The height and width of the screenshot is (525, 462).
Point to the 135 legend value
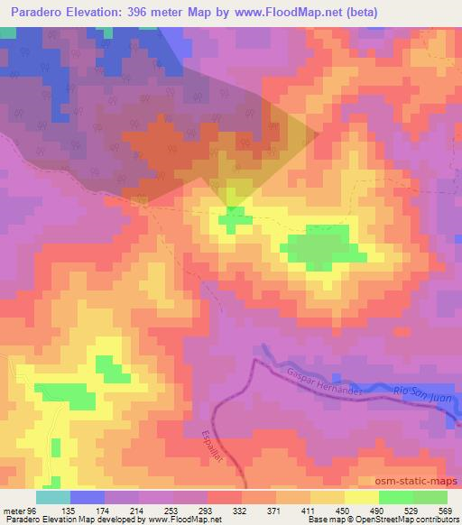pyautogui.click(x=87, y=511)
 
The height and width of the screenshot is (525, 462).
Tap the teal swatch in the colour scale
pyautogui.click(x=52, y=497)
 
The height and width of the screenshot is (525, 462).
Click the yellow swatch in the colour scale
pyautogui.click(x=362, y=497)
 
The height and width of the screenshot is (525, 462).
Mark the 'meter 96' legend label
pyautogui.click(x=20, y=511)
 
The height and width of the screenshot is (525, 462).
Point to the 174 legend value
pyautogui.click(x=123, y=511)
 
